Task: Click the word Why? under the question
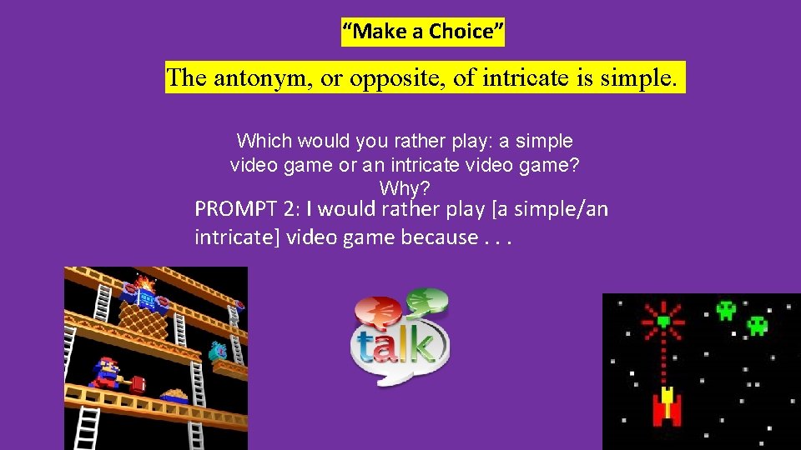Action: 405,187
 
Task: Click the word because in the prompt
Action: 439,237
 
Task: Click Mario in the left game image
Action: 108,372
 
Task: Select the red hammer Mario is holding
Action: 137,383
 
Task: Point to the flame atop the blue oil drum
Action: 146,283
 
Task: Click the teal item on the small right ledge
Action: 219,352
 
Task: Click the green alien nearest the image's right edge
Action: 757,324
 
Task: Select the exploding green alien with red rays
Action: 664,321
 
